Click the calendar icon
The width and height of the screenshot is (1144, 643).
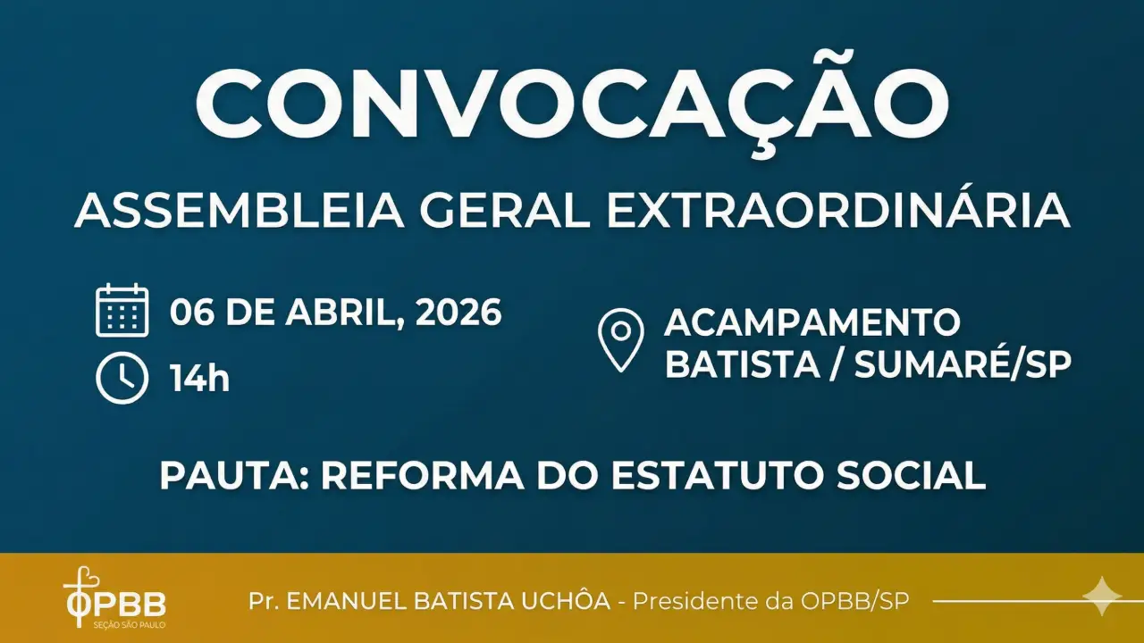tap(122, 310)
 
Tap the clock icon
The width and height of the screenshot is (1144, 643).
tap(122, 379)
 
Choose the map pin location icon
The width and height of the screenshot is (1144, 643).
tap(620, 339)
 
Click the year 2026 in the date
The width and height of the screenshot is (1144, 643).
tap(458, 313)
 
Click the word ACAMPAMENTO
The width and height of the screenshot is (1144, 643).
tap(812, 321)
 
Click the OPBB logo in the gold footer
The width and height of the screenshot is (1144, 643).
tap(114, 597)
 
